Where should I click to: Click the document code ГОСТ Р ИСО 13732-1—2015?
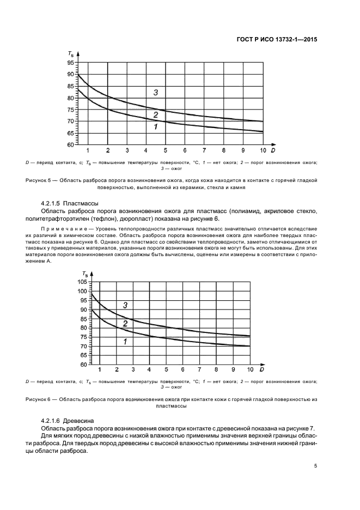tap(277, 39)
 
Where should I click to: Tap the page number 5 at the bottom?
tap(316, 466)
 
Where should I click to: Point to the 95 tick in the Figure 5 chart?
tap(70, 63)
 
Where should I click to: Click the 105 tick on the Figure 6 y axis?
tap(82, 282)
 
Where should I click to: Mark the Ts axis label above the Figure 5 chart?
tap(71, 53)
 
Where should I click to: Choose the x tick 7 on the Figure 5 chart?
tap(204, 150)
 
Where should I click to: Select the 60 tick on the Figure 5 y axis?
tap(70, 145)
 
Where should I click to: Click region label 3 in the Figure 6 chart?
tap(125, 305)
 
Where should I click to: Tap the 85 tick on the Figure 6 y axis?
tap(83, 319)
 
